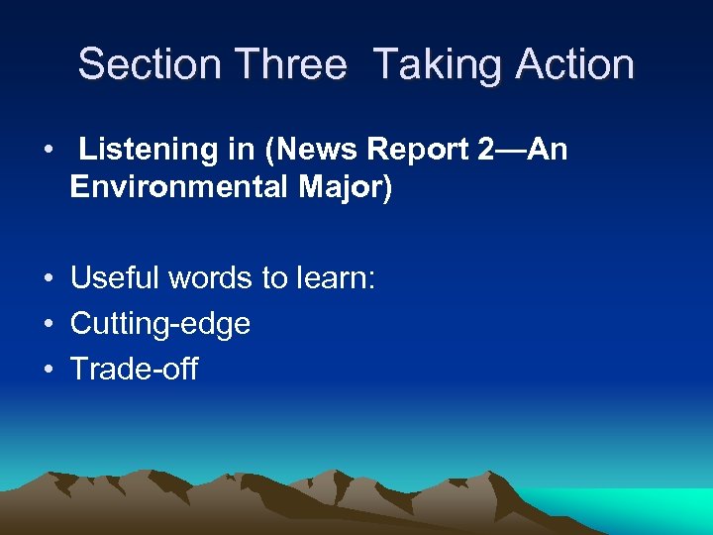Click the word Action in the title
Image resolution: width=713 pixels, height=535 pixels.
coord(574,64)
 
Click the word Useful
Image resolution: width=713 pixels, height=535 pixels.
coord(113,278)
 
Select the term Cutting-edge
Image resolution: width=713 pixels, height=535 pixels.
coord(159,324)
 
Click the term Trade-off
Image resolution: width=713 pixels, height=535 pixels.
coord(134,370)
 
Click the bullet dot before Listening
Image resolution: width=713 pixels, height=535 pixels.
coord(48,152)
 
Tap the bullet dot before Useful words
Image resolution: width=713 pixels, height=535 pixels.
coord(48,279)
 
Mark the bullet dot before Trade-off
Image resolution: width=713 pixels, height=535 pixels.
coord(48,371)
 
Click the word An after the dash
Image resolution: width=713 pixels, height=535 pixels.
coord(548,151)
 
